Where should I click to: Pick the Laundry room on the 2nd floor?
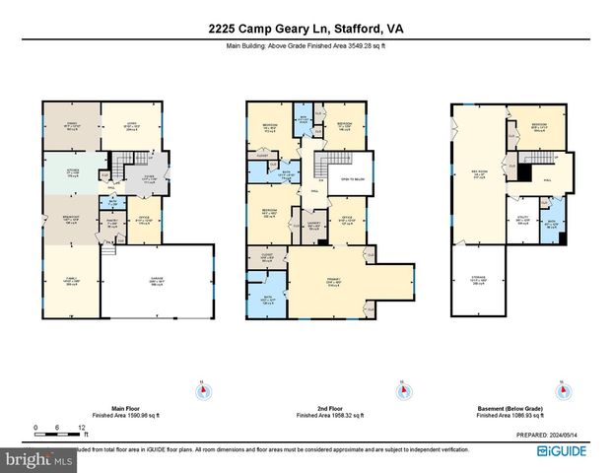(312, 227)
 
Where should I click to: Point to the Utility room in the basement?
(524, 221)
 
